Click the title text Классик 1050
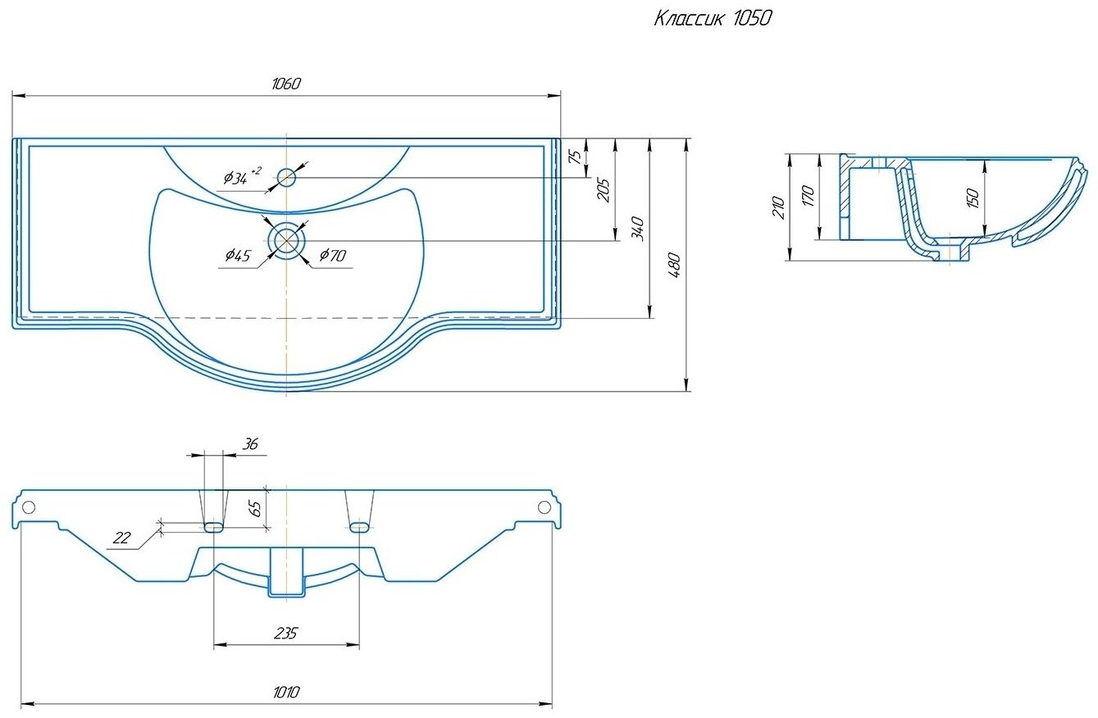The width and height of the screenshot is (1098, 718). pyautogui.click(x=713, y=19)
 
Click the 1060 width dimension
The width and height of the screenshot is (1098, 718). pyautogui.click(x=285, y=84)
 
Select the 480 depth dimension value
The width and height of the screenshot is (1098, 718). pyautogui.click(x=675, y=265)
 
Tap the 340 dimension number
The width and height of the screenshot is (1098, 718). pyautogui.click(x=637, y=229)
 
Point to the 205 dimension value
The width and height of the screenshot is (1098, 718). pyautogui.click(x=604, y=190)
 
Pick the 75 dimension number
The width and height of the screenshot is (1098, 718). pyautogui.click(x=576, y=156)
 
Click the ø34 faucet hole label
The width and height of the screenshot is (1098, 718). pyautogui.click(x=242, y=176)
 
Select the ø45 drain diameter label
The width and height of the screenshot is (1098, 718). pyautogui.click(x=238, y=256)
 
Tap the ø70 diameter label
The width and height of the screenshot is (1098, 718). pyautogui.click(x=333, y=255)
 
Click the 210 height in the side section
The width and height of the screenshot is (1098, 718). pyautogui.click(x=779, y=207)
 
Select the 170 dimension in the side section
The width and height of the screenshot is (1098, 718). pyautogui.click(x=809, y=196)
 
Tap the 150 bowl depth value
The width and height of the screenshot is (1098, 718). pyautogui.click(x=973, y=198)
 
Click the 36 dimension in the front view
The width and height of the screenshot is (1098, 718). pyautogui.click(x=250, y=444)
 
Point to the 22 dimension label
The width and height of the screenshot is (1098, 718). pyautogui.click(x=121, y=538)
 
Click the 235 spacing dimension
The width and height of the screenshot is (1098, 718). pyautogui.click(x=285, y=634)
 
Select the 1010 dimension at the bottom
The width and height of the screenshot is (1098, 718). pyautogui.click(x=285, y=692)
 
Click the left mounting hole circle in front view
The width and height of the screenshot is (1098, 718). pyautogui.click(x=29, y=507)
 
